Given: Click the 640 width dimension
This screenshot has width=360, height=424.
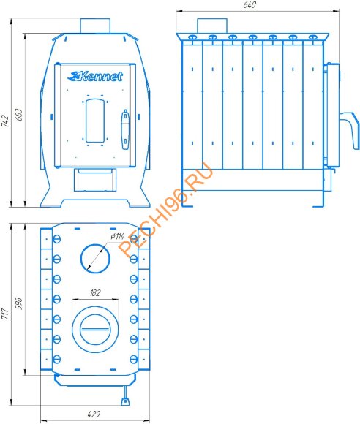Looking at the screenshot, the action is [x=250, y=5].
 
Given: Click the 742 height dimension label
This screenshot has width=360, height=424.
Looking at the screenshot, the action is [x=5, y=121].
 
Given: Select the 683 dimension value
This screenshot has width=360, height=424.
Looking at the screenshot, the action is [x=19, y=115].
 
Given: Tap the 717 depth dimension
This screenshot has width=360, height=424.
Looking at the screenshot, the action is [x=5, y=314].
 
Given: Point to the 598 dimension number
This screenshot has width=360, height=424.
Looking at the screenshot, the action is [x=19, y=303].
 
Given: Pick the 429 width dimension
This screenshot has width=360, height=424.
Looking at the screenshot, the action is [x=94, y=414].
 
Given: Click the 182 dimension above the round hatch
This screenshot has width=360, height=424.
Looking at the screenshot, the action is [x=95, y=293].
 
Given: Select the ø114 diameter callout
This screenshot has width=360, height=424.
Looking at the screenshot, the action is [x=117, y=237].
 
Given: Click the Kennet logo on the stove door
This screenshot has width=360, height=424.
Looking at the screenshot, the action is [x=95, y=76].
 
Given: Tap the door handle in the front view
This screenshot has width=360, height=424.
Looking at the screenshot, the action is [x=125, y=129].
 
